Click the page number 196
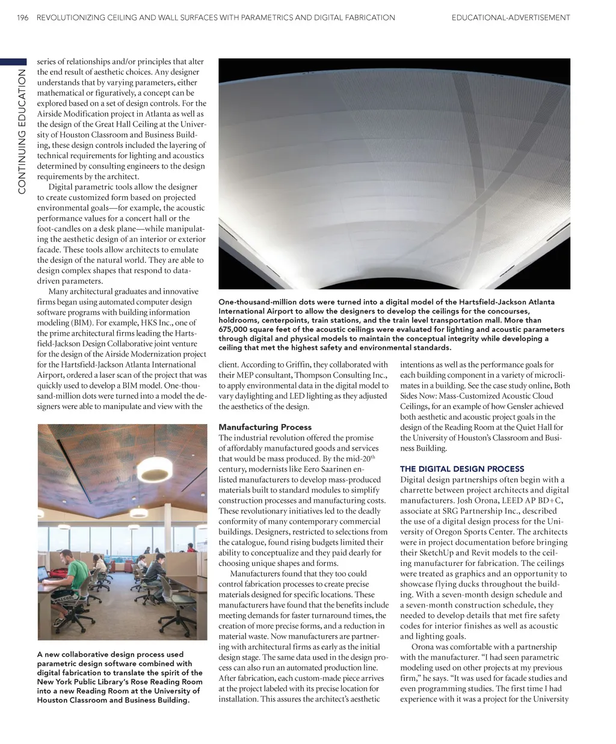coord(23,17)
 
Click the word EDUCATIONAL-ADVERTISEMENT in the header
coord(510,17)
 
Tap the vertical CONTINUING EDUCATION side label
coord(22,132)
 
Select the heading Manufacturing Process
coord(265,427)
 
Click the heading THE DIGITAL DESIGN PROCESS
coord(462,469)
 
